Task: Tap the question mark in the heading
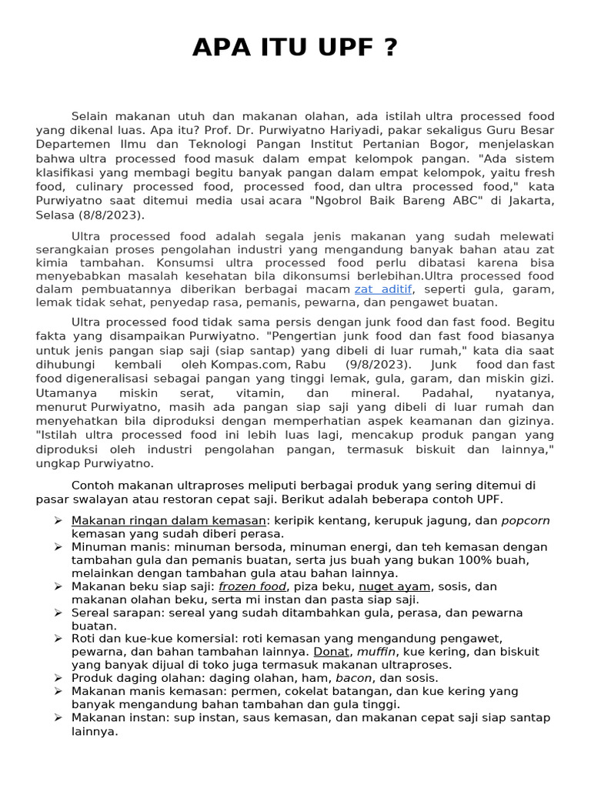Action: [390, 48]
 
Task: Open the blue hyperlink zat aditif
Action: [383, 289]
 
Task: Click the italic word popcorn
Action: [526, 520]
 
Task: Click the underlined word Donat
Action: [332, 652]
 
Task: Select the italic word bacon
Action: [354, 678]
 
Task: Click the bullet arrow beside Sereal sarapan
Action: [58, 613]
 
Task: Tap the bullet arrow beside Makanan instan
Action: [58, 717]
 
